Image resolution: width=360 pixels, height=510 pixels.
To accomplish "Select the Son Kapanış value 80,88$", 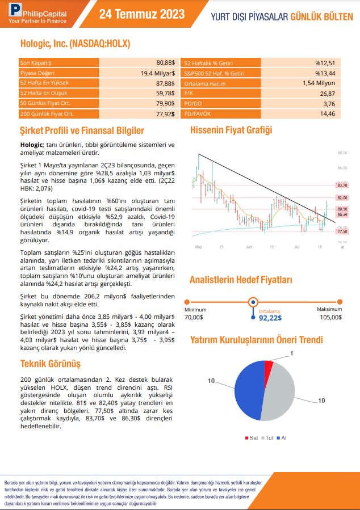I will click(x=166, y=62).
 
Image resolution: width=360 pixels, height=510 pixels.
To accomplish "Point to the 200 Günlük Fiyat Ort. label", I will click(x=46, y=114).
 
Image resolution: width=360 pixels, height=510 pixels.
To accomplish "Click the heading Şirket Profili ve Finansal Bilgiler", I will click(x=82, y=131).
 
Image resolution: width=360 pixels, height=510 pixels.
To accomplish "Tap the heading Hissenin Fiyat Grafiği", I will click(x=231, y=130).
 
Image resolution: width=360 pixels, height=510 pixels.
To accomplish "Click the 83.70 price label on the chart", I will click(x=342, y=185).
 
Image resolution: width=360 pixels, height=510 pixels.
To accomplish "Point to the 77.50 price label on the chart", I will click(x=342, y=231).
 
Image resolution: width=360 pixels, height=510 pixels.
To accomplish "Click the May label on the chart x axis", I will click(x=198, y=247).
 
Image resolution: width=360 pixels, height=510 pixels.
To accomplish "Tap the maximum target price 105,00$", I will click(x=330, y=318).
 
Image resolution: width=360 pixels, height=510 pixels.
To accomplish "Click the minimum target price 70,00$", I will click(x=194, y=318).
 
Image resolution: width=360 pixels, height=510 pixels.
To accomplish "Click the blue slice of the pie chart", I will click(x=249, y=391).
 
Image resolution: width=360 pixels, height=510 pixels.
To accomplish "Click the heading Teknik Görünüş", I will click(x=51, y=364).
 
